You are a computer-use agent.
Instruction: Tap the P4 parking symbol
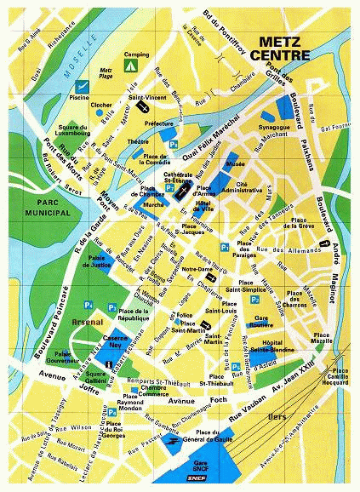pos(88,305)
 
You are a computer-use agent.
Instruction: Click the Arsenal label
pos(88,323)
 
